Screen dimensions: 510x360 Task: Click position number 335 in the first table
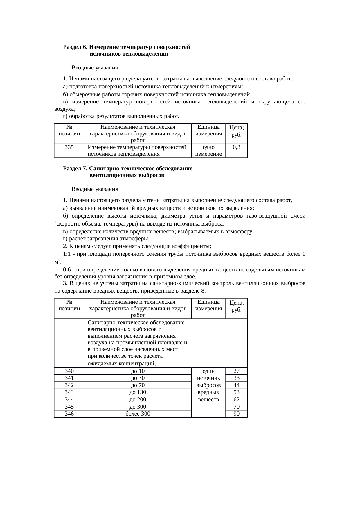pyautogui.click(x=69, y=147)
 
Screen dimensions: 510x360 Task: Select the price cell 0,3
pyautogui.click(x=236, y=147)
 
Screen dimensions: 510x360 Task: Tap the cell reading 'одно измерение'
pyautogui.click(x=208, y=151)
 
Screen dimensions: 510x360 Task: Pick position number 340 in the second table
pyautogui.click(x=69, y=371)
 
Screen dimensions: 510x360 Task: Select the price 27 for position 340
pyautogui.click(x=236, y=371)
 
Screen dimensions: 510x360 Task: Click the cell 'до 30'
pyautogui.click(x=138, y=378)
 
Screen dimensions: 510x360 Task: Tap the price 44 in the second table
pyautogui.click(x=236, y=385)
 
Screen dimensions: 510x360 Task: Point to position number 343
pyautogui.click(x=69, y=392)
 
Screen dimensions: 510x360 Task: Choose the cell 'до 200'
pyautogui.click(x=138, y=400)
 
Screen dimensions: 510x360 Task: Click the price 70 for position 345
pyautogui.click(x=236, y=407)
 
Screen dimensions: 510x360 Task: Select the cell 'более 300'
pyautogui.click(x=138, y=414)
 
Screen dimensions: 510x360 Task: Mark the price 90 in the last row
pyautogui.click(x=236, y=414)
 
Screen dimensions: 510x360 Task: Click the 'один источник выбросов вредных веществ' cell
pyautogui.click(x=208, y=385)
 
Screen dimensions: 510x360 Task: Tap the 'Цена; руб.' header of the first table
pyautogui.click(x=236, y=131)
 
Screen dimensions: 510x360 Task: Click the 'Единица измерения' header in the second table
pyautogui.click(x=208, y=305)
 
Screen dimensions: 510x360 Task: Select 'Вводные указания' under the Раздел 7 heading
pyautogui.click(x=95, y=189)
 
